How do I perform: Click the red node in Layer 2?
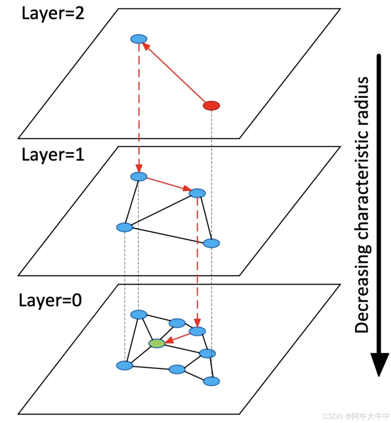211,106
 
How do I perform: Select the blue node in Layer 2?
139,39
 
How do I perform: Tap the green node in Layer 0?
157,343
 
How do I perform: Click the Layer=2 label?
53,13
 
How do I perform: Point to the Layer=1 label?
53,155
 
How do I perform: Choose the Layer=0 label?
50,300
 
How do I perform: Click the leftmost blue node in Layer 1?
125,227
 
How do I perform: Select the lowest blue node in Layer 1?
211,243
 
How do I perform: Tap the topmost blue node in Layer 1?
139,176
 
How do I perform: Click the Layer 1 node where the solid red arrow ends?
197,193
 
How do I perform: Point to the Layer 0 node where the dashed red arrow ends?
197,331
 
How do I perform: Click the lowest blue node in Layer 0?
211,381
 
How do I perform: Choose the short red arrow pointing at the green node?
178,338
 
